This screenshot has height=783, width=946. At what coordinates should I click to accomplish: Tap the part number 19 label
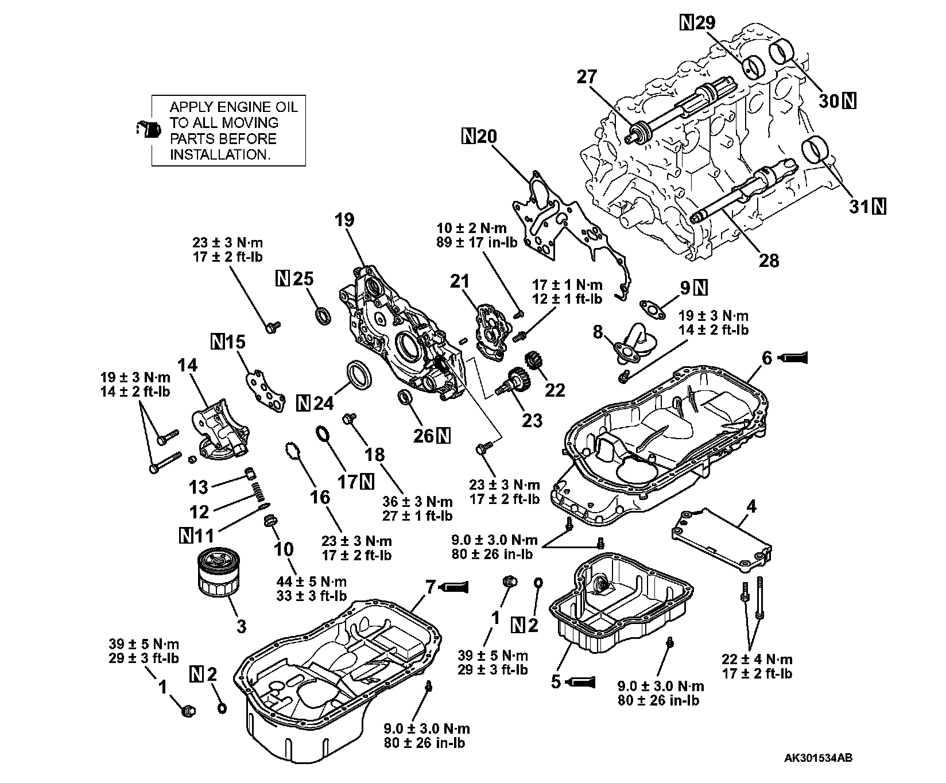pyautogui.click(x=345, y=219)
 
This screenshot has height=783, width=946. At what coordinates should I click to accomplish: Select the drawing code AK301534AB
pyautogui.click(x=818, y=758)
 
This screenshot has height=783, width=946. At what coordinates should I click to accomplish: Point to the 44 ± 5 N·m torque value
pyautogui.click(x=311, y=582)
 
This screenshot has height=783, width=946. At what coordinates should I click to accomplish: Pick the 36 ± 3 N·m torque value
pyautogui.click(x=417, y=502)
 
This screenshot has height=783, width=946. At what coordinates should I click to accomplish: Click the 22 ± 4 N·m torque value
pyautogui.click(x=757, y=659)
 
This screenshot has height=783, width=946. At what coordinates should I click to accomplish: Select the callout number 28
pyautogui.click(x=769, y=260)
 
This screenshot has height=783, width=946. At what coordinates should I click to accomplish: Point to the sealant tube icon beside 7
pyautogui.click(x=455, y=587)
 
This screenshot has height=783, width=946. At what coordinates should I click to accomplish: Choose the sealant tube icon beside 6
pyautogui.click(x=794, y=358)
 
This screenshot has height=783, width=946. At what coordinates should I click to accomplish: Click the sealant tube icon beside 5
pyautogui.click(x=580, y=682)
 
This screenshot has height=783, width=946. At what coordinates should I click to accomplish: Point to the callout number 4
pyautogui.click(x=751, y=506)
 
